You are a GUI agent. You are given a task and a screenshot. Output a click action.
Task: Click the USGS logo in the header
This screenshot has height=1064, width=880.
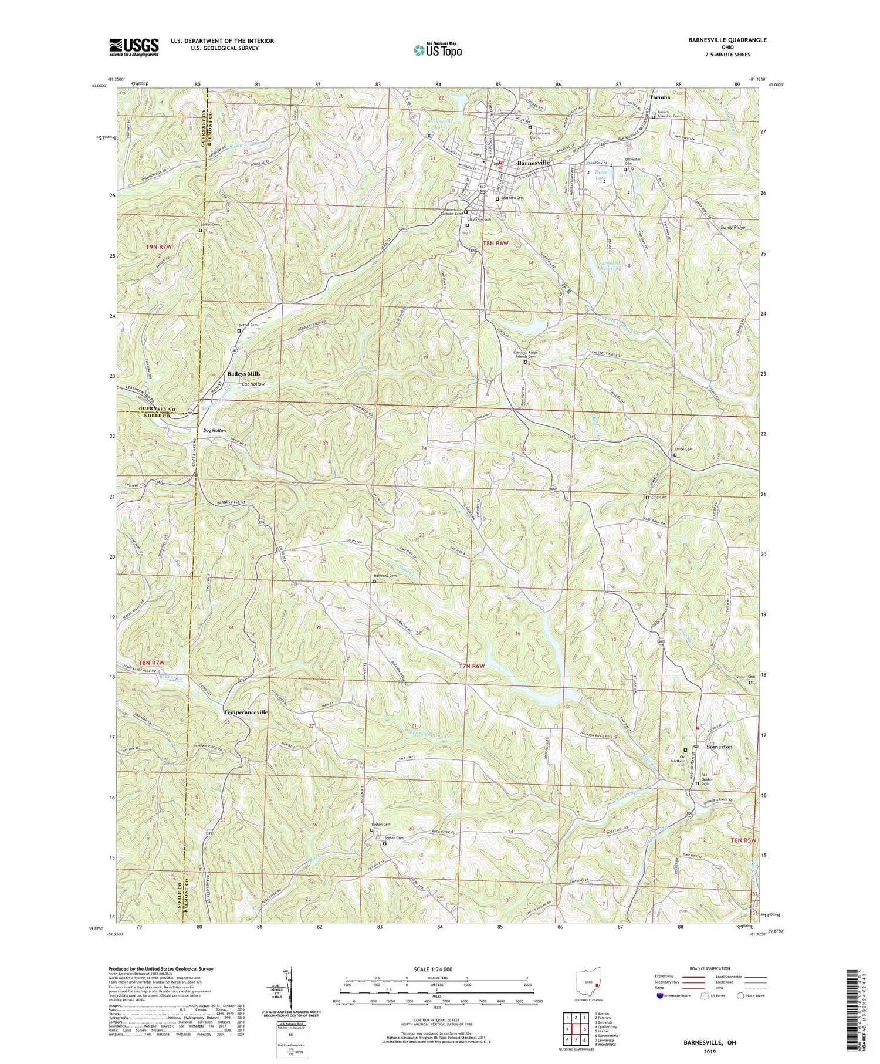[x=134, y=47]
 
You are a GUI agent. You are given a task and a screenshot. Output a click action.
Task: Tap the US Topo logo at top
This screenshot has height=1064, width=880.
[x=436, y=49]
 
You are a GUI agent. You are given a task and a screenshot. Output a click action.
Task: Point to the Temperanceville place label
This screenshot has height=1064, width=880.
[x=246, y=712]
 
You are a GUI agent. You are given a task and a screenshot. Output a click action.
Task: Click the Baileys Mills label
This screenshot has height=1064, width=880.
[x=243, y=373]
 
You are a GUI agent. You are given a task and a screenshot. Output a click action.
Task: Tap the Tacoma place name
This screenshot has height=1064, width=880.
[x=660, y=97]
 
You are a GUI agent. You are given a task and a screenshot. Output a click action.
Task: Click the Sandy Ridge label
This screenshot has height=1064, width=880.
[x=732, y=227]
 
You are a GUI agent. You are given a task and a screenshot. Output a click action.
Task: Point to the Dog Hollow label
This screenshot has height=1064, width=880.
[x=215, y=430]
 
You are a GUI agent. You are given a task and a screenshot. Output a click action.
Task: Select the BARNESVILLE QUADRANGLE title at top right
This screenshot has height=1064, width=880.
[x=719, y=40]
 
